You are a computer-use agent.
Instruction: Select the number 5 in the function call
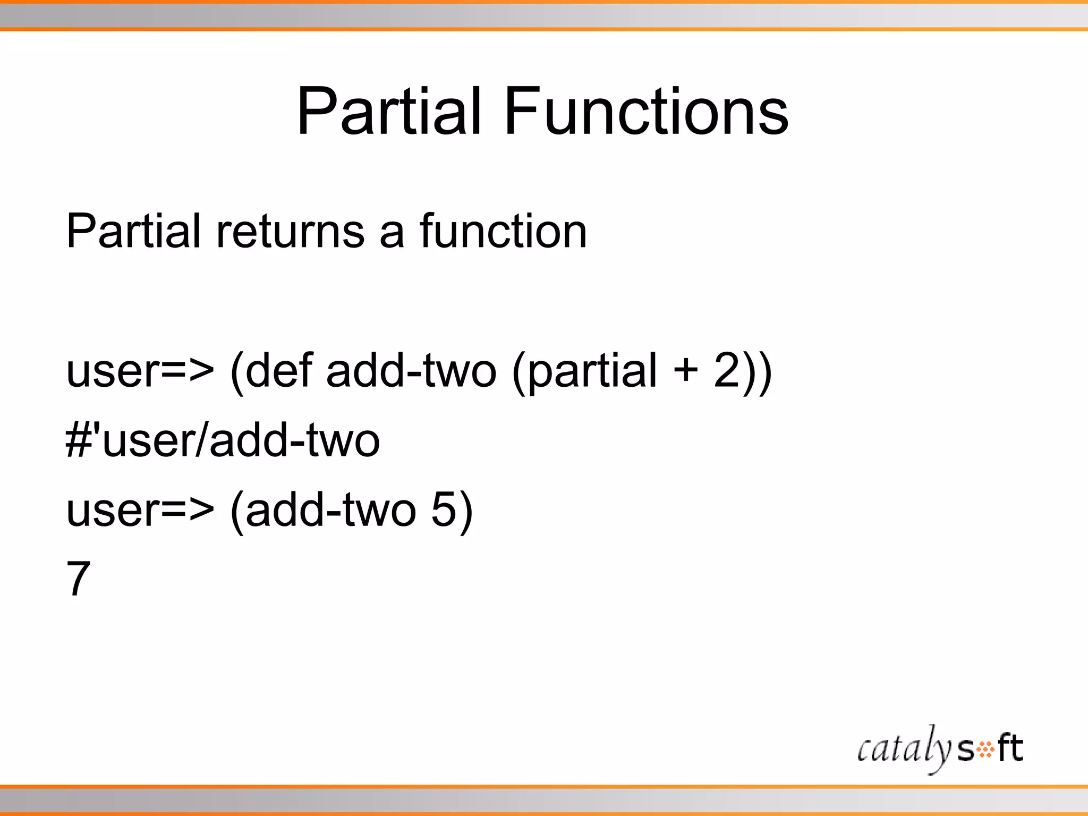point(444,509)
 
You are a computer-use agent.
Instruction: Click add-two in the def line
point(411,370)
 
